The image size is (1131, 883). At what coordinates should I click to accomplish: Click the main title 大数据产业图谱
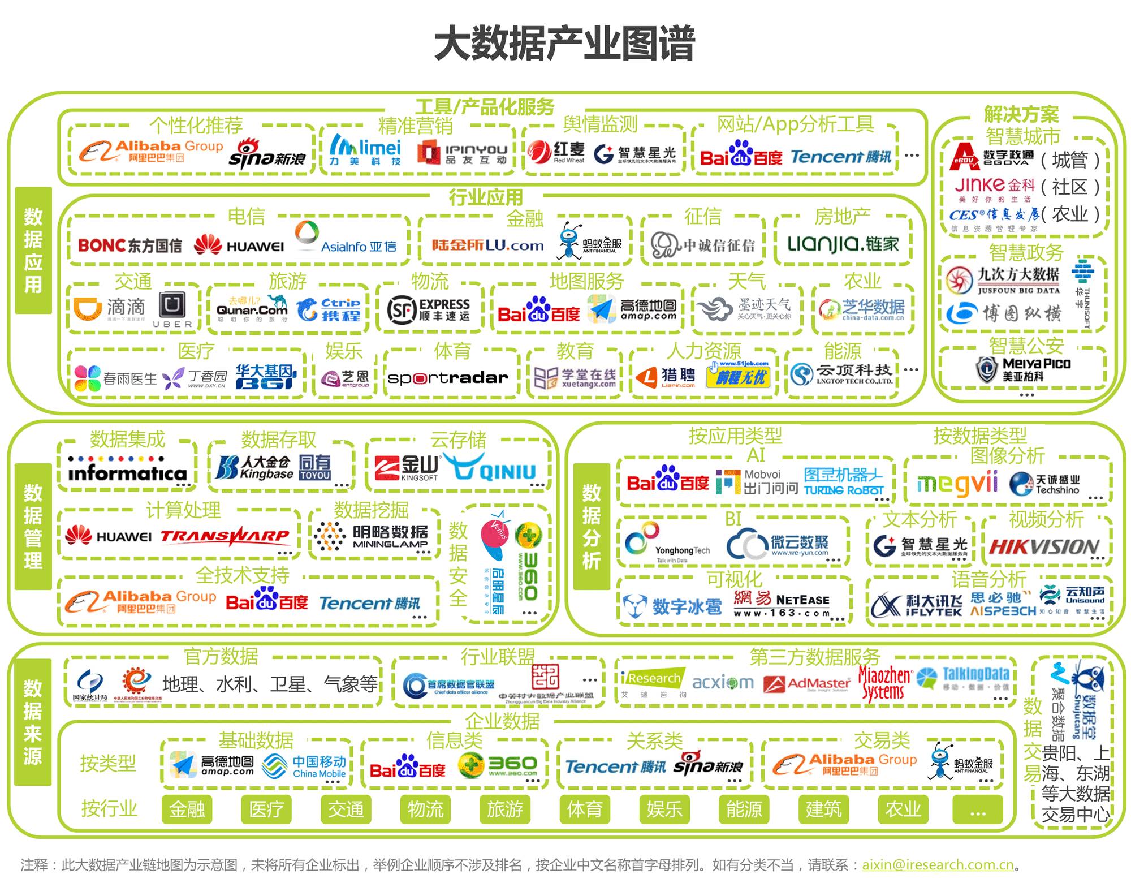pyautogui.click(x=564, y=44)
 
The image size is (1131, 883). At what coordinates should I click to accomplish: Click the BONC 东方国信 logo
pyautogui.click(x=130, y=245)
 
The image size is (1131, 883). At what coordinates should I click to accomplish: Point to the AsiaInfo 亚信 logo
pyautogui.click(x=346, y=239)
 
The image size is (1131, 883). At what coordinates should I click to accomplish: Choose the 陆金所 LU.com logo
pyautogui.click(x=487, y=245)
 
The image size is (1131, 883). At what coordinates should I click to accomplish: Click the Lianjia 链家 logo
pyautogui.click(x=843, y=244)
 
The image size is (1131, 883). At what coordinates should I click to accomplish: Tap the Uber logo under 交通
pyautogui.click(x=172, y=309)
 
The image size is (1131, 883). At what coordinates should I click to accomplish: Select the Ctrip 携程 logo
pyautogui.click(x=329, y=309)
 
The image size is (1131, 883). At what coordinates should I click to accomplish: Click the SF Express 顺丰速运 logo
pyautogui.click(x=429, y=309)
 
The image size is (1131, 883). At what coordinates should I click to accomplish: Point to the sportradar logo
pyautogui.click(x=448, y=377)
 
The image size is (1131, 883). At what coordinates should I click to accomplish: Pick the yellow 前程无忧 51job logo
pyautogui.click(x=739, y=375)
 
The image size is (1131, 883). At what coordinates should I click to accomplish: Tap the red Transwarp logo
pyautogui.click(x=225, y=536)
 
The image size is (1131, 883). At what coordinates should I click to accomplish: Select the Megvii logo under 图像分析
pyautogui.click(x=957, y=484)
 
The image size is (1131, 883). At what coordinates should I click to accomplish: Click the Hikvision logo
pyautogui.click(x=1044, y=546)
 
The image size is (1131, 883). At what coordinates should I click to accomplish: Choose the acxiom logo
pyautogui.click(x=723, y=683)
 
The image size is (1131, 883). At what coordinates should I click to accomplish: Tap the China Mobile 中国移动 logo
pyautogui.click(x=305, y=766)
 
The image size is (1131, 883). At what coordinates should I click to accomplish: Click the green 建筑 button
pyautogui.click(x=823, y=809)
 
